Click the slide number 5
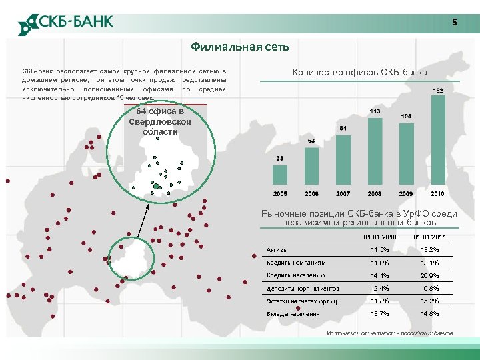[x=455, y=23]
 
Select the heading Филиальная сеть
[x=239, y=47]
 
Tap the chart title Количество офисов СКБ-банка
[x=360, y=72]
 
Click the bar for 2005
[x=280, y=175]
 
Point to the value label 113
[x=375, y=111]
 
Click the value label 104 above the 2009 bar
[x=406, y=116]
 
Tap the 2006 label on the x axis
[x=311, y=193]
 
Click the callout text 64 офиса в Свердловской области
[x=160, y=121]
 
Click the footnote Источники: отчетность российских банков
[x=389, y=333]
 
